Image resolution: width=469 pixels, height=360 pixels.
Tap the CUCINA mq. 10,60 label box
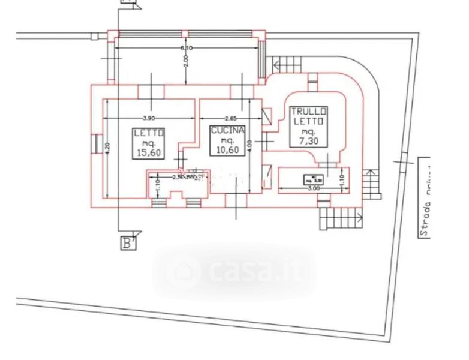(228, 140)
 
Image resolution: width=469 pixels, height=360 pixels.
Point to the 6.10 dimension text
(187, 48)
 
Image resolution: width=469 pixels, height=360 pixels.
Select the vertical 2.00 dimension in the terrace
(187, 61)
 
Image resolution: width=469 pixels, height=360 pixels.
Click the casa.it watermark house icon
(182, 273)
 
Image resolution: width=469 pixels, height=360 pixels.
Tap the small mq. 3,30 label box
(312, 178)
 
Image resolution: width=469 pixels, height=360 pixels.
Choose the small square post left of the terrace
(94, 36)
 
